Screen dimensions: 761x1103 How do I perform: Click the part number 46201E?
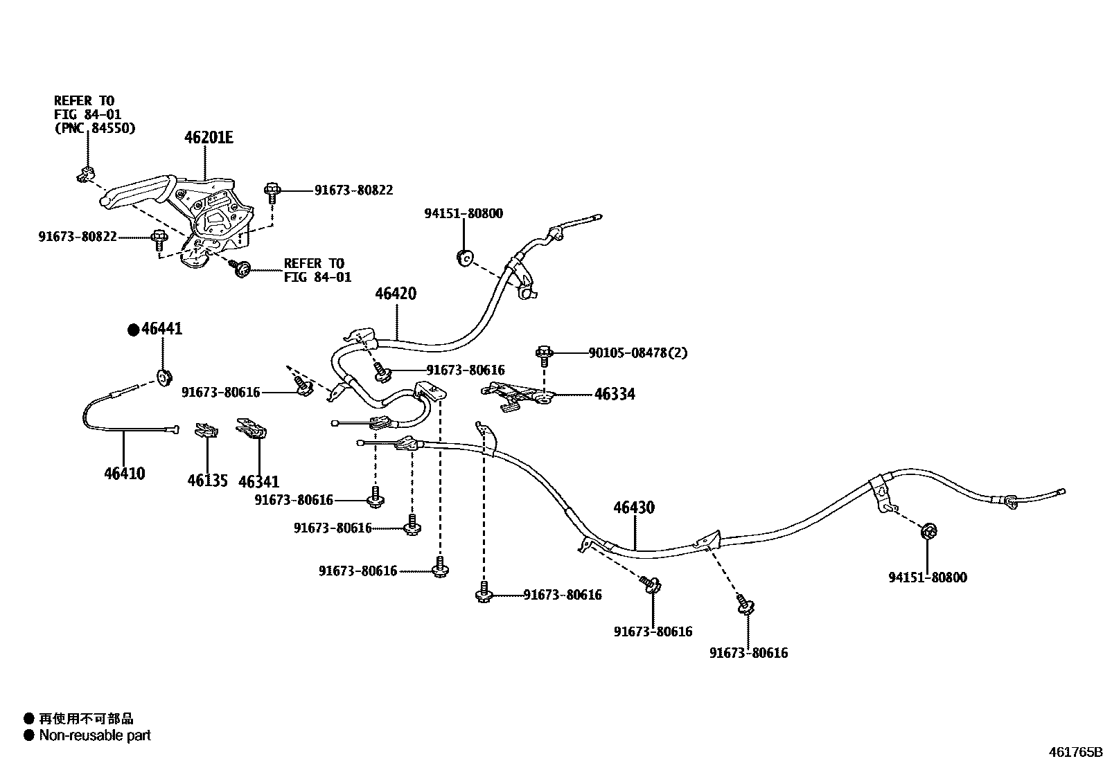(209, 138)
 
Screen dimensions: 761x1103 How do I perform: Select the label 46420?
(396, 294)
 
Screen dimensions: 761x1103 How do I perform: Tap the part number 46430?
(633, 508)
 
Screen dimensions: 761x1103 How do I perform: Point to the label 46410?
(125, 474)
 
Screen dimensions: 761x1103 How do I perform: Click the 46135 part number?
(207, 480)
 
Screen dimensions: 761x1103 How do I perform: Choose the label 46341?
(258, 481)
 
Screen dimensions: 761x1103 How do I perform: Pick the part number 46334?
(615, 394)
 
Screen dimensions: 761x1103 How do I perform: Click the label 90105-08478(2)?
(638, 352)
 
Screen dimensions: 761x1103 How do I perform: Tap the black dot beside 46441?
(133, 330)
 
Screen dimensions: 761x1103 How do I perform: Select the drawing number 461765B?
(1073, 751)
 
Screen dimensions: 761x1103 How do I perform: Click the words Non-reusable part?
(95, 735)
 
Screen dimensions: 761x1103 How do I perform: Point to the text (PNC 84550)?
(95, 128)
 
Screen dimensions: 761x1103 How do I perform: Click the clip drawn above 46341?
(252, 429)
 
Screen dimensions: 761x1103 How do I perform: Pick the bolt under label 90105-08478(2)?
(545, 355)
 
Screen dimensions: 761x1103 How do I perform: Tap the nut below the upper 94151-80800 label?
(464, 258)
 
